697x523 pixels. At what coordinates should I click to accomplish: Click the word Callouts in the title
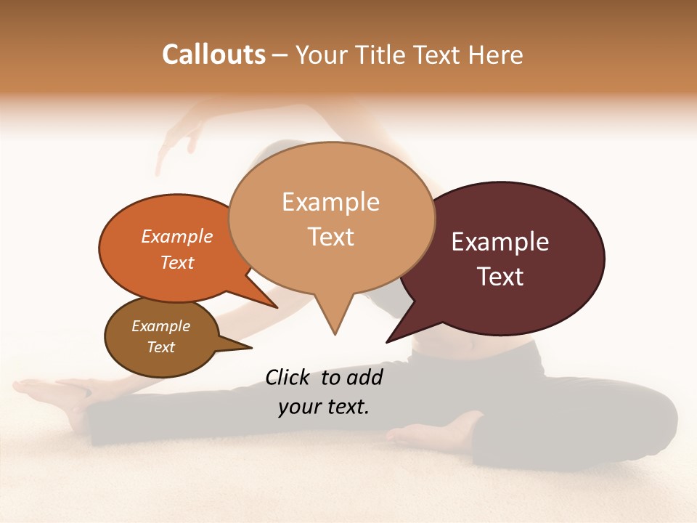pos(213,54)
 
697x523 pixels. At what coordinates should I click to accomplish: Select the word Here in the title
pos(497,55)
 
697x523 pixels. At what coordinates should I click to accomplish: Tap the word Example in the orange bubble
pos(177,236)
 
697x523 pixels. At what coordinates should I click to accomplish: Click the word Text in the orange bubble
pos(177,262)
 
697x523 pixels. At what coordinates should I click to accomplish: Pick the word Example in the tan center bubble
pos(330,202)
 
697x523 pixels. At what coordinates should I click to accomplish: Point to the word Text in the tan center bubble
pos(330,237)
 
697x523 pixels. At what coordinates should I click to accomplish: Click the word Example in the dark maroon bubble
pos(500,242)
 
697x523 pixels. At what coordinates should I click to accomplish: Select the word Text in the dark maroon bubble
pos(500,277)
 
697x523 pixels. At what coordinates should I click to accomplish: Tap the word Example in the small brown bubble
pos(160,326)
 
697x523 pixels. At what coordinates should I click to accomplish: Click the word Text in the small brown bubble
pos(160,347)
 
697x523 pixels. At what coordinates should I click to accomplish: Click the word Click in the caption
pos(288,377)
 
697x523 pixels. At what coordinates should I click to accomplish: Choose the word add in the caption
pos(364,377)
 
